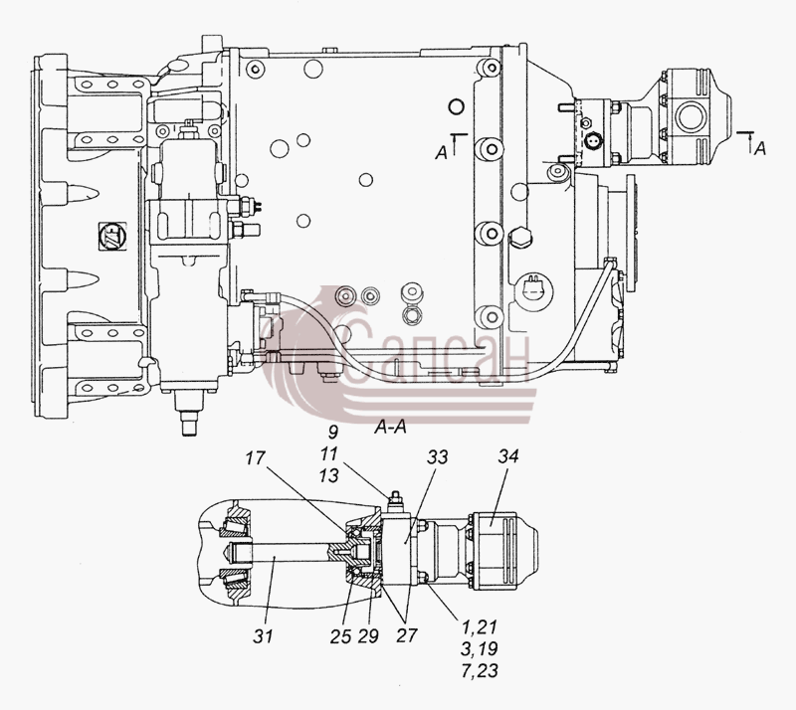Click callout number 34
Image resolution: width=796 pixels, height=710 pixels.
[507, 456]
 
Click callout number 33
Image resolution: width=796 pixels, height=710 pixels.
[437, 456]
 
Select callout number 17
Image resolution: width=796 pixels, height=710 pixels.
[256, 457]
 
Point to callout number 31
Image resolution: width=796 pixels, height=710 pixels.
[263, 635]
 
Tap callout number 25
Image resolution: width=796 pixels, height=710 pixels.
[340, 636]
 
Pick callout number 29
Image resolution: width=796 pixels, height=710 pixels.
[368, 636]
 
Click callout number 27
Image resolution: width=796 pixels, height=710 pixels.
[407, 635]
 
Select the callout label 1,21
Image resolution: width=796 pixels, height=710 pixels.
[480, 627]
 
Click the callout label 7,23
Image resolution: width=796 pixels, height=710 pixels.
[480, 671]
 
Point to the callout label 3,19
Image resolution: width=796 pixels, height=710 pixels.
[480, 649]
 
